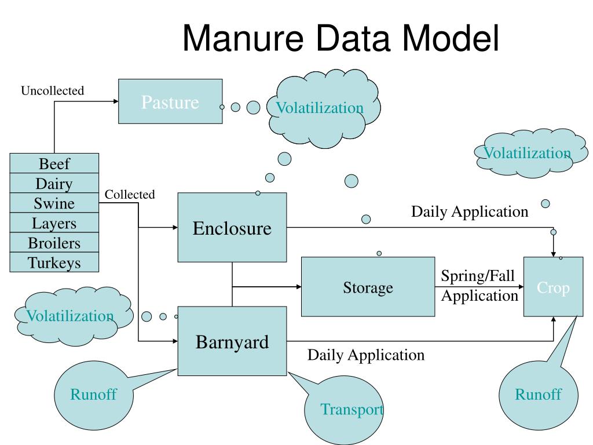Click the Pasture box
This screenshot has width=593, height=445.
pyautogui.click(x=170, y=102)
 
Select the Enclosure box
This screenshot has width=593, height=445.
pyautogui.click(x=232, y=228)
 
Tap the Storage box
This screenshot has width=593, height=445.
pyautogui.click(x=368, y=287)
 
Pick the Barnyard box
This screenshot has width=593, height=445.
pyautogui.click(x=232, y=341)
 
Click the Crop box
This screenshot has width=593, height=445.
pyautogui.click(x=553, y=287)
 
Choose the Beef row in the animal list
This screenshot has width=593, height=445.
pyautogui.click(x=54, y=163)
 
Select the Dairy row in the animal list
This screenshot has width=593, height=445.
pyautogui.click(x=54, y=183)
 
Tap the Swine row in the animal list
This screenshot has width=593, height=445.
pyautogui.click(x=54, y=203)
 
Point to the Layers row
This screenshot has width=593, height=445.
pyautogui.click(x=54, y=223)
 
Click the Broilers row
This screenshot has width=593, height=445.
pyautogui.click(x=54, y=243)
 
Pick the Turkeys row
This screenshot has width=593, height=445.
pyautogui.click(x=54, y=262)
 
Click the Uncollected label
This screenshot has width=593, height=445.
pyautogui.click(x=53, y=91)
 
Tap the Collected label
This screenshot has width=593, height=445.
pyautogui.click(x=130, y=195)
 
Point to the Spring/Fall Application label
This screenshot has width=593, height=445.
pyautogui.click(x=479, y=286)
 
